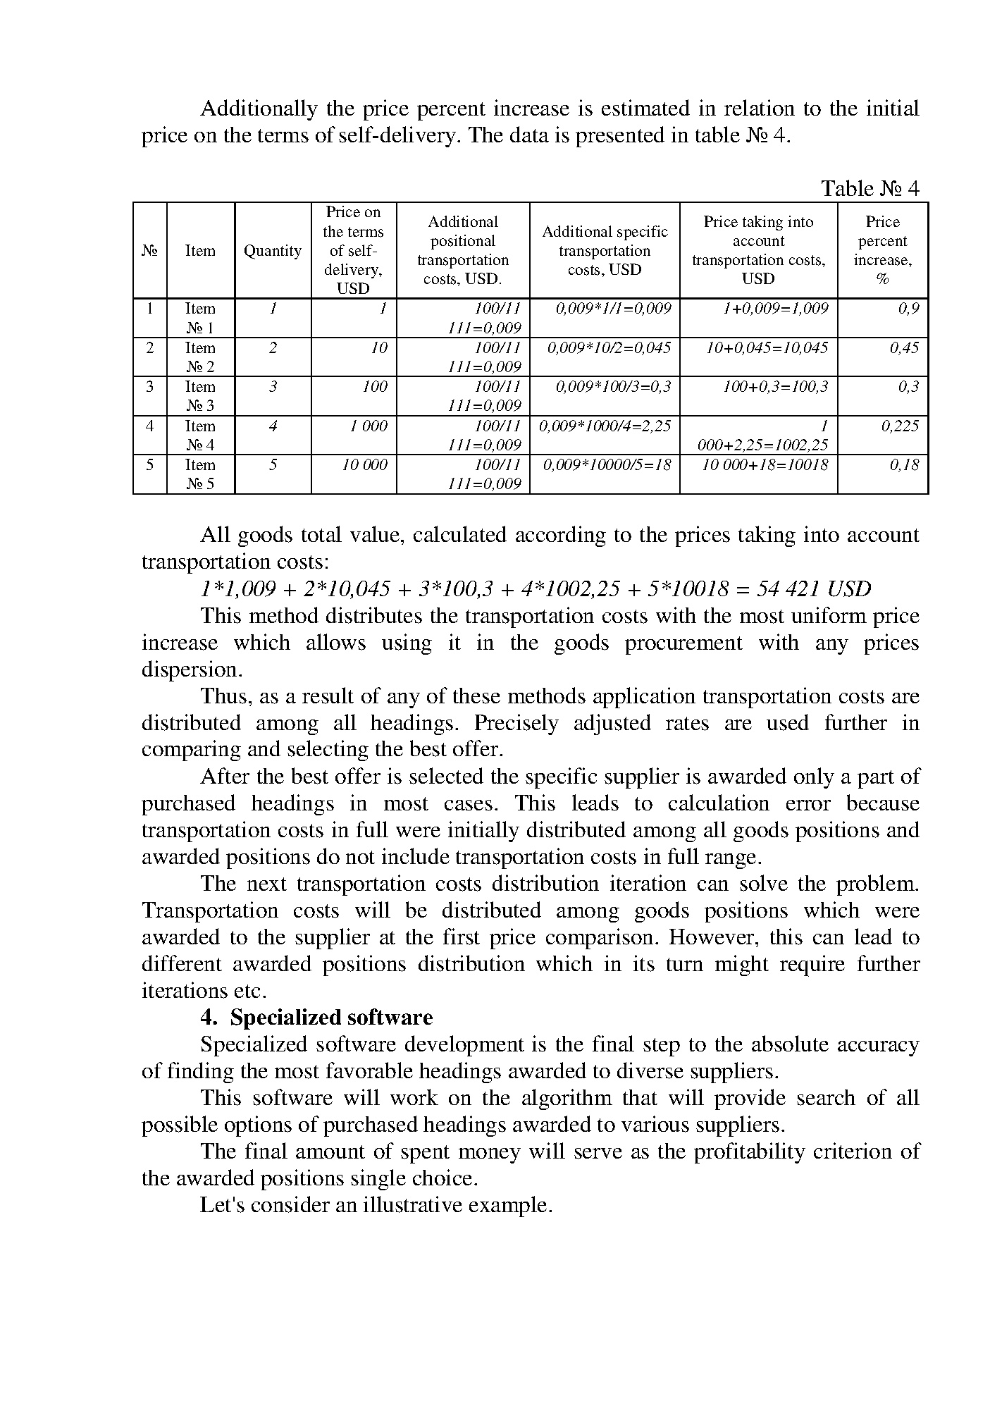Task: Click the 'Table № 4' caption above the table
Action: click(x=870, y=188)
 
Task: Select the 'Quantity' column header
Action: click(x=272, y=251)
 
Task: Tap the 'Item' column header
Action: click(x=200, y=251)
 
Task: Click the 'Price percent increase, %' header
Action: click(x=882, y=250)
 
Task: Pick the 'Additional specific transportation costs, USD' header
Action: click(x=605, y=251)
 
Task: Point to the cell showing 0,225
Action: click(x=900, y=426)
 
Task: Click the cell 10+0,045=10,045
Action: click(x=767, y=347)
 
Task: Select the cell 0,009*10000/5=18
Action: click(x=607, y=465)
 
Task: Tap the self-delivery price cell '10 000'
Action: click(x=364, y=465)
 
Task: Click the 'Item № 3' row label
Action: click(x=200, y=396)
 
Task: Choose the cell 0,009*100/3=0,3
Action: click(x=613, y=387)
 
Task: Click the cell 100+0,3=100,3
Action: click(x=775, y=387)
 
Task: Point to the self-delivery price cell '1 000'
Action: click(x=369, y=426)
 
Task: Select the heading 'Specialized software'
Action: click(x=331, y=1018)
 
